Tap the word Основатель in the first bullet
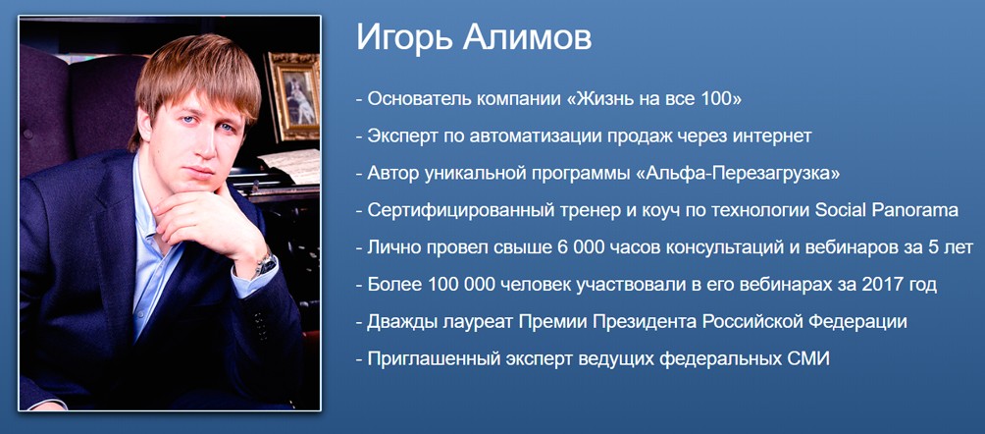point(417,99)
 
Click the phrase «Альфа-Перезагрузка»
point(739,174)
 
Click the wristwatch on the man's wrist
point(265,262)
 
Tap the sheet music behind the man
point(294,165)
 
